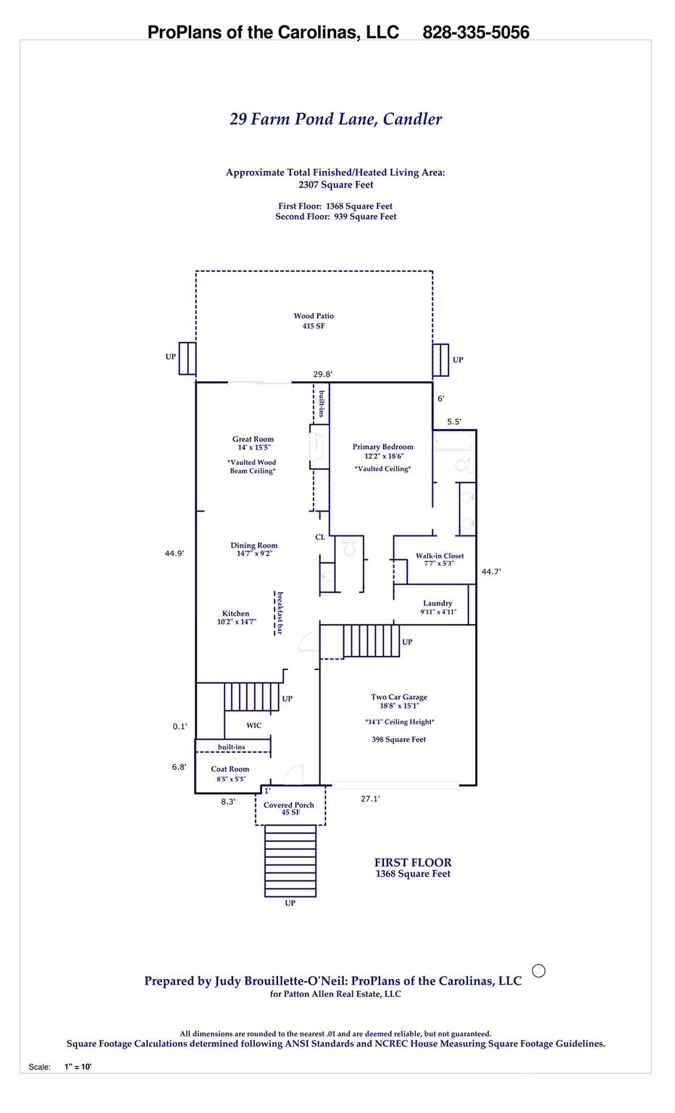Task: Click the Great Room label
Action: [253, 439]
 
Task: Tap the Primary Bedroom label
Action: [382, 447]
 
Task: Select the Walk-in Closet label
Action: [439, 556]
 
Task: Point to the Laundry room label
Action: [437, 603]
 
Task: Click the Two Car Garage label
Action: [398, 697]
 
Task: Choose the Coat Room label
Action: [230, 770]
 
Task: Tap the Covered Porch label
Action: [288, 805]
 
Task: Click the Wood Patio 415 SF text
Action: [313, 321]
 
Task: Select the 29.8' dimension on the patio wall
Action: [322, 375]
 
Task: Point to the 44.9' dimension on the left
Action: [174, 554]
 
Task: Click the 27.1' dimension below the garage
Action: [370, 799]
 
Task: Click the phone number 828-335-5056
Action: [475, 33]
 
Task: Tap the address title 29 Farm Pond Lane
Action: [335, 120]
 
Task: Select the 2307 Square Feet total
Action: [335, 185]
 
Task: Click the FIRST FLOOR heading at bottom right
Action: [412, 862]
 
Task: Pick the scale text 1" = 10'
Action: [77, 1067]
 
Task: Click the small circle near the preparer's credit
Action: [538, 971]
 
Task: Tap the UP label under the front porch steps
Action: [290, 903]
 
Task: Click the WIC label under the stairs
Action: [253, 725]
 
